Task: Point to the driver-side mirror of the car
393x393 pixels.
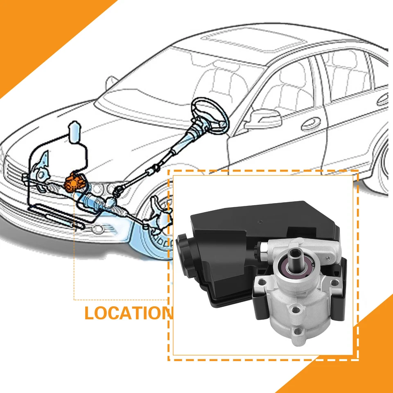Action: point(265,119)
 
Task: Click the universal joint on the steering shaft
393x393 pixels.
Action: point(155,168)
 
